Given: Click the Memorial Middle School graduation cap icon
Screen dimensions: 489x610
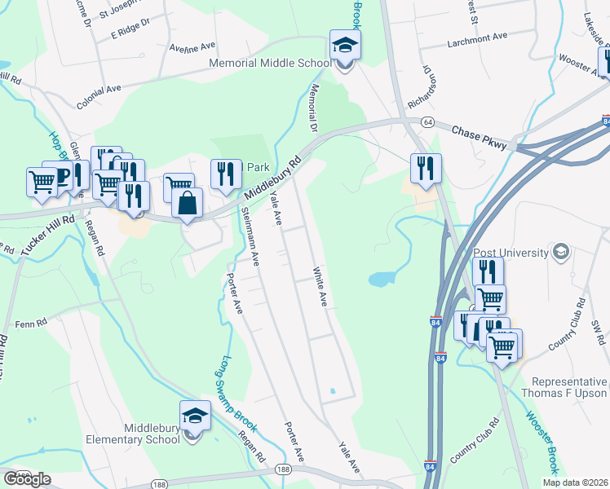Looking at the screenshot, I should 344,45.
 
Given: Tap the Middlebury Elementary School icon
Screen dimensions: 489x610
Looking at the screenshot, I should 195,416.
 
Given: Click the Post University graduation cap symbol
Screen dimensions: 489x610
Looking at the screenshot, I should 559,250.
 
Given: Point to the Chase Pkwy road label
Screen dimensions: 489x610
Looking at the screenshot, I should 479,137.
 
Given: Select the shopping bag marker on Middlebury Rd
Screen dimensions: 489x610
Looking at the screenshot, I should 188,204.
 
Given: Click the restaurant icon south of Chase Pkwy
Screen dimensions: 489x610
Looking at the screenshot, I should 426,168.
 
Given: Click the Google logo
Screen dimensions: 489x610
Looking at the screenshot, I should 26,479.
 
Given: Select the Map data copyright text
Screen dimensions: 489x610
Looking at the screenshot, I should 575,482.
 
